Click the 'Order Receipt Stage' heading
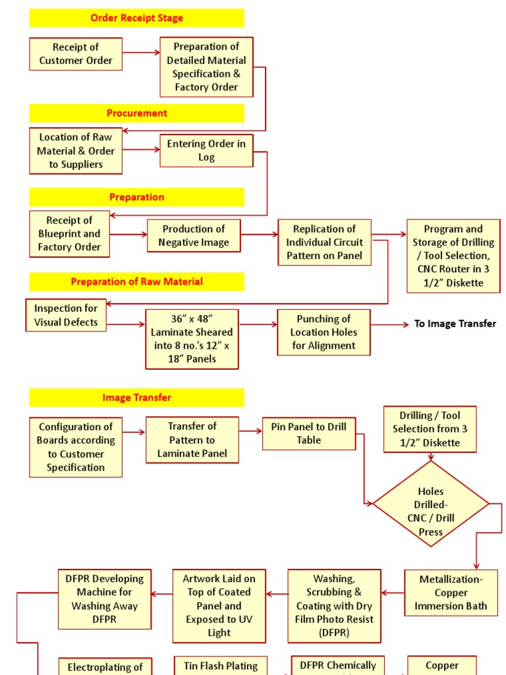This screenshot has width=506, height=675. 136,18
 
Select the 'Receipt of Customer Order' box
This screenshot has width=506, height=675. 76,54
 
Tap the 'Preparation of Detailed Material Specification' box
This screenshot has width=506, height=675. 206,67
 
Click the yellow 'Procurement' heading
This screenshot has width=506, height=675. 136,113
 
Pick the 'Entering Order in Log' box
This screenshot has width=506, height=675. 206,150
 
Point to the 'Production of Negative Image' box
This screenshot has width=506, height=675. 194,235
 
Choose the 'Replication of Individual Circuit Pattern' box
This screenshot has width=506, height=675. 324,242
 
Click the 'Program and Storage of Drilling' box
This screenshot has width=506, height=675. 453,256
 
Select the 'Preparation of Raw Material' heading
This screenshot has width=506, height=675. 136,281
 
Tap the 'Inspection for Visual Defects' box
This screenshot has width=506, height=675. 66,315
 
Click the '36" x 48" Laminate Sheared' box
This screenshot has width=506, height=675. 192,339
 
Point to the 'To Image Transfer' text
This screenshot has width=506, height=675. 455,324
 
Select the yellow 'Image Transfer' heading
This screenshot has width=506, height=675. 136,397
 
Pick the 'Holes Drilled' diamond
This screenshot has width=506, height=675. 431,504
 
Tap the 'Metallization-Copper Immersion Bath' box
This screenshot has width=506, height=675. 451,593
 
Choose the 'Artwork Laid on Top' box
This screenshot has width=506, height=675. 219,605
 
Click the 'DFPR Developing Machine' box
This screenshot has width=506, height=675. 105,599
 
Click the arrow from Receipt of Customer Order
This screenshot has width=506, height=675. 141,53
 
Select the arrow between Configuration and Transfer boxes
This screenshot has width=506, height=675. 134,432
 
